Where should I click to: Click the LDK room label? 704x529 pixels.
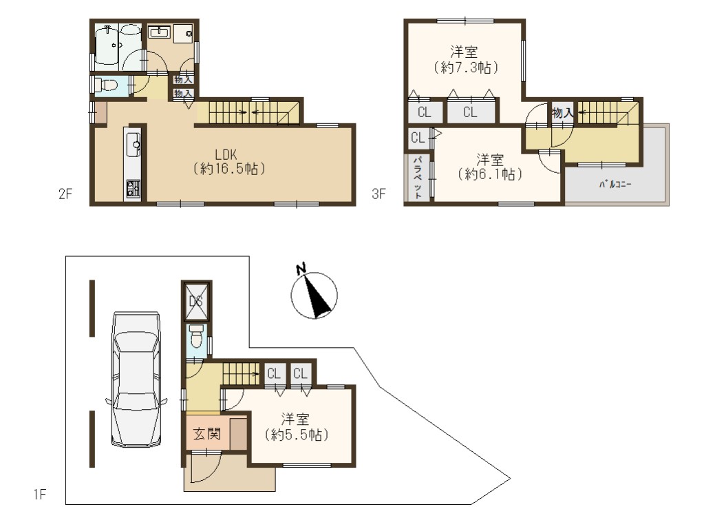click(226, 154)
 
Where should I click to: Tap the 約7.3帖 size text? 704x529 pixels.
click(466, 68)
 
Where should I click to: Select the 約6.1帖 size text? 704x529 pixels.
click(490, 174)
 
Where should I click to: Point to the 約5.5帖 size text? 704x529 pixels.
click(297, 435)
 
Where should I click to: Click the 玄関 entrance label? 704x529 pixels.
click(207, 434)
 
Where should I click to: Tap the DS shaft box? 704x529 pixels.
click(196, 301)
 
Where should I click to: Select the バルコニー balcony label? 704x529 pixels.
click(615, 185)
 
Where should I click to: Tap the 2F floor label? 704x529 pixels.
click(65, 194)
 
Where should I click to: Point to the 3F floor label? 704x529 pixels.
click(378, 194)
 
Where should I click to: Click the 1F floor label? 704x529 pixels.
click(39, 495)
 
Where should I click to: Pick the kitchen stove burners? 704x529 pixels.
click(133, 189)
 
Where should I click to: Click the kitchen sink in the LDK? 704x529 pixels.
click(134, 145)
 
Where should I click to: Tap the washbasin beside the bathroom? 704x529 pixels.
click(160, 32)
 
